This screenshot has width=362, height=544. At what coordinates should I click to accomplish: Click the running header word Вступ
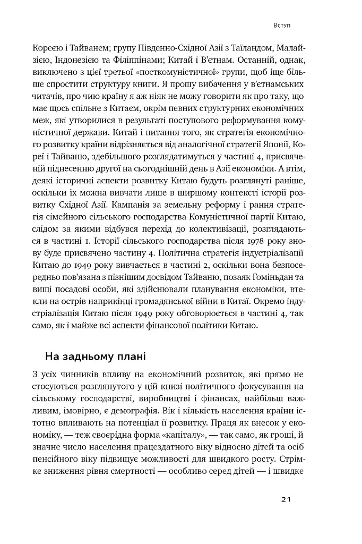pyautogui.click(x=281, y=25)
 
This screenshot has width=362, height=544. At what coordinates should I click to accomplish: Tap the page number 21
pyautogui.click(x=286, y=499)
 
